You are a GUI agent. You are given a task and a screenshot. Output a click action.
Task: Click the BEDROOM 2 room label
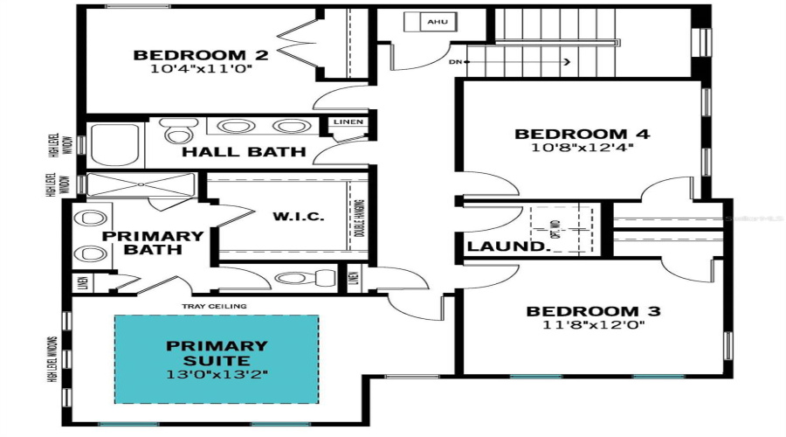click(x=200, y=56)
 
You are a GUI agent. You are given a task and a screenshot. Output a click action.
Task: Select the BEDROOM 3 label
click(x=592, y=311)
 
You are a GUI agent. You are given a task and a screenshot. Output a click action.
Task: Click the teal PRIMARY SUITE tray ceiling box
click(x=217, y=359)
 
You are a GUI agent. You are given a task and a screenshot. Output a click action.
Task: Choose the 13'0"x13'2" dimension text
click(x=217, y=374)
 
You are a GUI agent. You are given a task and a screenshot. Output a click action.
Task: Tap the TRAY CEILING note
click(x=213, y=306)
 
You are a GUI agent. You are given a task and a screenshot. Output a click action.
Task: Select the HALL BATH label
click(x=244, y=152)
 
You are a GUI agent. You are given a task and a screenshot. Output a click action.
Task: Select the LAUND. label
click(x=506, y=246)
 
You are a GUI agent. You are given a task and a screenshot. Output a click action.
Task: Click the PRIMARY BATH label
click(x=153, y=242)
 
